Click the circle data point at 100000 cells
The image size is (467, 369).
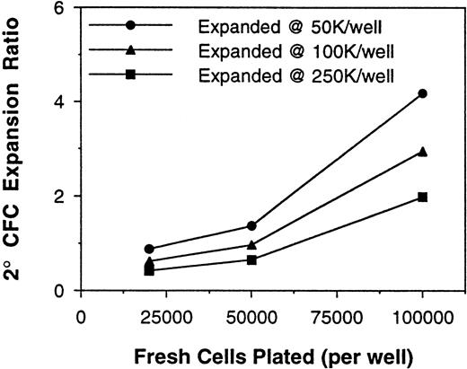tap(422, 93)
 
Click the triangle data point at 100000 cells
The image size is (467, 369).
tap(422, 152)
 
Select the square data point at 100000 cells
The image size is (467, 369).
tap(422, 197)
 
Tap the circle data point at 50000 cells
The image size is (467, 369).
tap(251, 225)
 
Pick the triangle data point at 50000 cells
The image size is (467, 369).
tap(251, 244)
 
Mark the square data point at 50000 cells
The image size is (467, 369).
tap(251, 259)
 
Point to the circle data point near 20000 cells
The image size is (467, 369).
tap(149, 249)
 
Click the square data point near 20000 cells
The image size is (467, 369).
tap(149, 270)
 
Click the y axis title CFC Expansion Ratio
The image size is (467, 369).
tap(16, 148)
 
